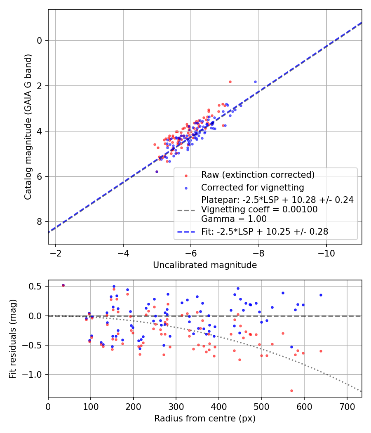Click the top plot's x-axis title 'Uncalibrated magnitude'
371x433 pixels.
pyautogui.click(x=205, y=265)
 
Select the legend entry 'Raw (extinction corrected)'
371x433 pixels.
pyautogui.click(x=258, y=174)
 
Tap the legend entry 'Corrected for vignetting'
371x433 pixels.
pyautogui.click(x=253, y=188)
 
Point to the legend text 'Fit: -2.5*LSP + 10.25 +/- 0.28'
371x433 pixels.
pyautogui.click(x=265, y=232)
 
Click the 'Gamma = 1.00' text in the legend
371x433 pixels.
pyautogui.click(x=234, y=219)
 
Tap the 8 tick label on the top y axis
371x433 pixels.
pyautogui.click(x=40, y=222)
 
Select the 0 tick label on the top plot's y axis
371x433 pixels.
pyautogui.click(x=40, y=40)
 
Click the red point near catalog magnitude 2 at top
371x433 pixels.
pyautogui.click(x=230, y=82)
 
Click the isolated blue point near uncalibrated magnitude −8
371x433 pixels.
pyautogui.click(x=255, y=82)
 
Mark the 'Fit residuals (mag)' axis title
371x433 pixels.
pyautogui.click(x=13, y=339)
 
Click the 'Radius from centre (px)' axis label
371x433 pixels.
pyautogui.click(x=205, y=419)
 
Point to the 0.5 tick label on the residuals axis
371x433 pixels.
pyautogui.click(x=38, y=286)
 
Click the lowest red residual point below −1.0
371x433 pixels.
pyautogui.click(x=291, y=391)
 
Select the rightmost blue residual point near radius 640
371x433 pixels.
pyautogui.click(x=321, y=295)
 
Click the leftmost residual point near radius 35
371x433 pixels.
pyautogui.click(x=63, y=285)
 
